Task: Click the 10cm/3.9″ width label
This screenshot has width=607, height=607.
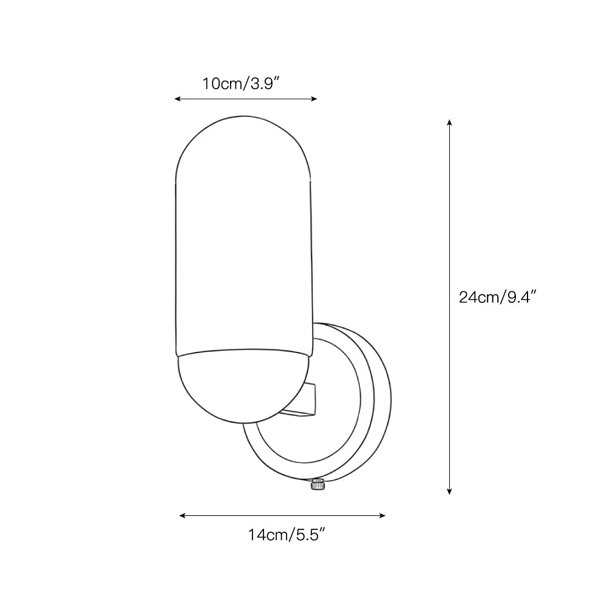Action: (x=241, y=84)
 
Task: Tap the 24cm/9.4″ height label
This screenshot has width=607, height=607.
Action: (x=498, y=297)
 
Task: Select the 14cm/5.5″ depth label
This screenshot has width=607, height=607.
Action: (x=286, y=535)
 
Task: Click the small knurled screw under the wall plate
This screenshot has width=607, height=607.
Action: (x=317, y=484)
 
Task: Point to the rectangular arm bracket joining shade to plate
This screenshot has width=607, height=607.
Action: (x=304, y=401)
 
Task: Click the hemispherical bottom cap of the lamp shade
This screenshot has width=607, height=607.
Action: (x=243, y=387)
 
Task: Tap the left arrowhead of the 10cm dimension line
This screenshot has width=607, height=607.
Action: (x=177, y=99)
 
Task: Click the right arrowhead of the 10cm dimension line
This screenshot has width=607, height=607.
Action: (x=314, y=99)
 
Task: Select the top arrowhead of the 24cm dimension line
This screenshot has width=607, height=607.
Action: (x=449, y=123)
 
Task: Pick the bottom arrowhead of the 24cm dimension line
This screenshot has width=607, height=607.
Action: (x=449, y=492)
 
